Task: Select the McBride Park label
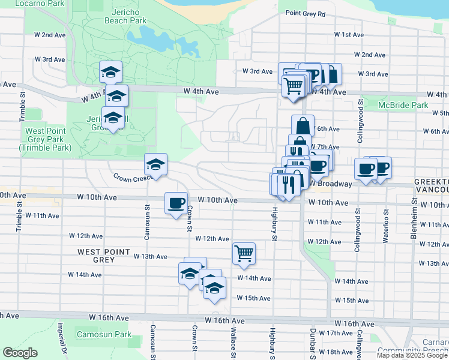(403, 106)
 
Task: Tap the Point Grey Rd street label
(305, 13)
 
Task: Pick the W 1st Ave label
(348, 35)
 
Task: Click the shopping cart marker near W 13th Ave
(244, 253)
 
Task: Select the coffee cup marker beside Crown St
(176, 202)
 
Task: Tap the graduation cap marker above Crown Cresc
(155, 165)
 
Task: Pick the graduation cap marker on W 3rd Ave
(111, 72)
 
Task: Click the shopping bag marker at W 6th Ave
(303, 126)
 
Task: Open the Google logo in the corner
(20, 353)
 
